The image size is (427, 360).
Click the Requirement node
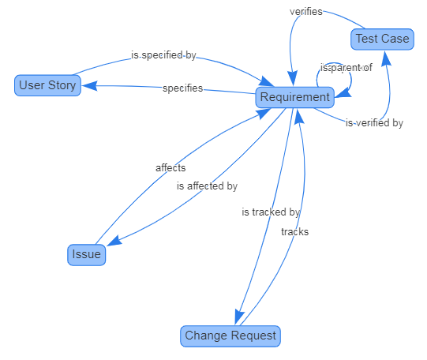pyautogui.click(x=294, y=97)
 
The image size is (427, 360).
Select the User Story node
pyautogui.click(x=48, y=84)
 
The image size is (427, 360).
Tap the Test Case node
pyautogui.click(x=382, y=39)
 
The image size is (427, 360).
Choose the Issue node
pyautogui.click(x=86, y=254)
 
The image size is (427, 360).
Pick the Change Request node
pyautogui.click(x=230, y=336)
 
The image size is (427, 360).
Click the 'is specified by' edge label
pyautogui.click(x=163, y=55)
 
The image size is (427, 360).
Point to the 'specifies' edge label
pyautogui.click(x=182, y=88)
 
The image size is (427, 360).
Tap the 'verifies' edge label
pyautogui.click(x=305, y=12)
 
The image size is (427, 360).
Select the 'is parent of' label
pyautogui.click(x=346, y=67)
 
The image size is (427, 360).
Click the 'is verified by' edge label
pyautogui.click(x=374, y=122)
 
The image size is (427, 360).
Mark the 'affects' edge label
pyautogui.click(x=170, y=167)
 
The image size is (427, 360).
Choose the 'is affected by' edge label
pyautogui.click(x=207, y=186)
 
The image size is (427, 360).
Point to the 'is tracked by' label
pyautogui.click(x=271, y=212)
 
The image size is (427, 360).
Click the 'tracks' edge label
pyautogui.click(x=294, y=231)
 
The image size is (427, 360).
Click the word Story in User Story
pyautogui.click(x=62, y=84)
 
